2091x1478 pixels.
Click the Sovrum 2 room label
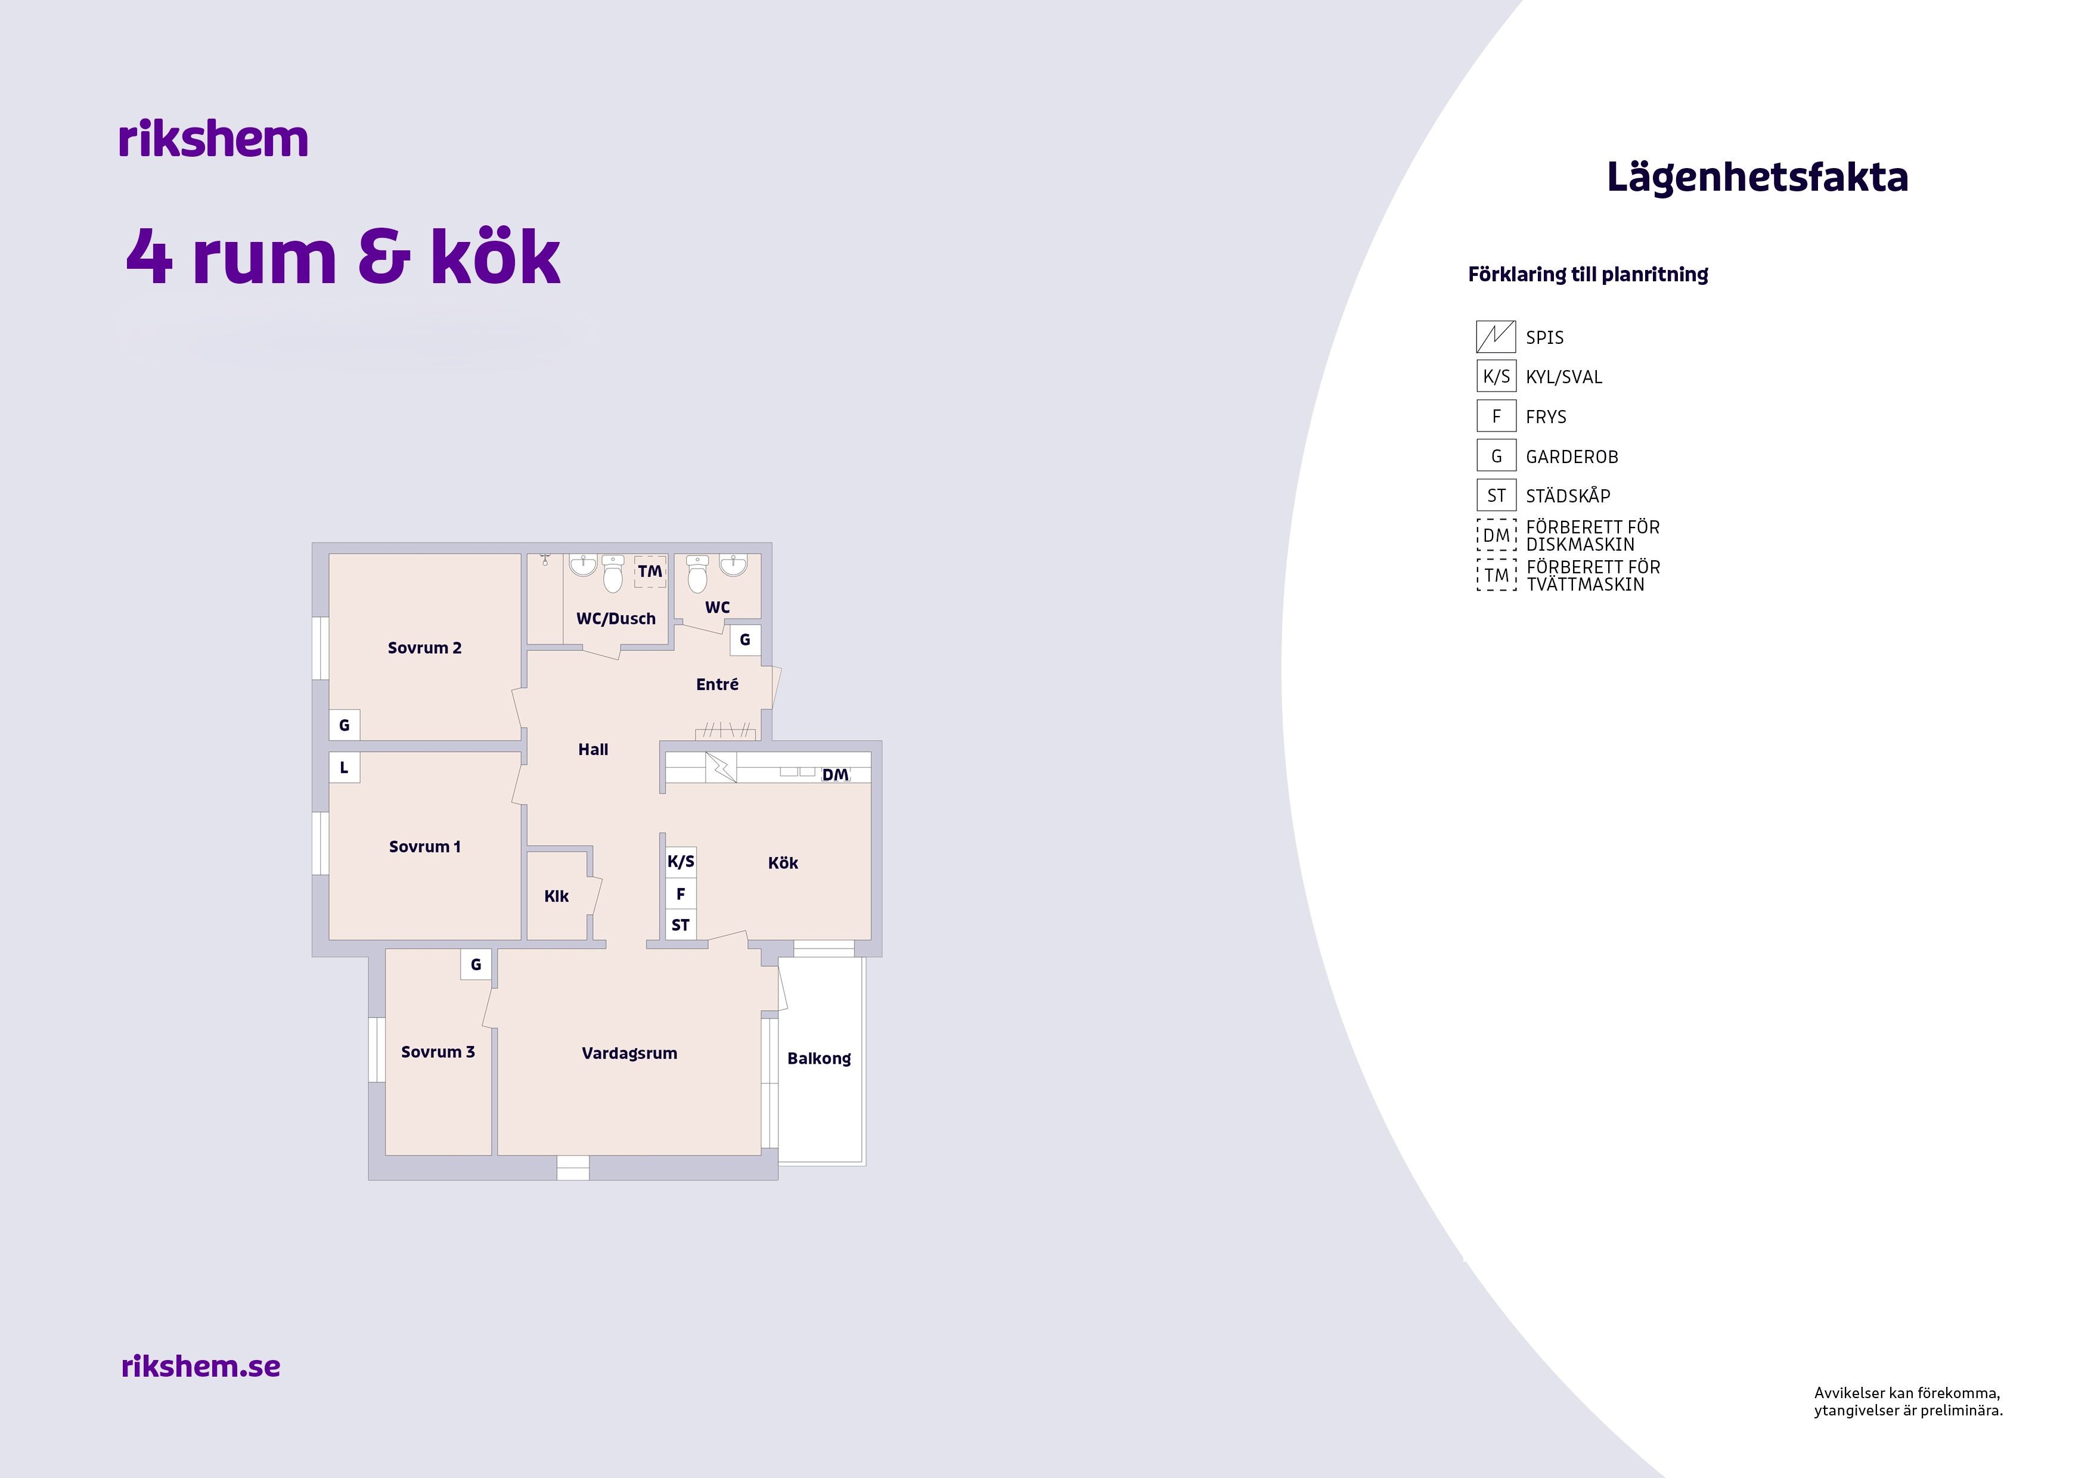pyautogui.click(x=424, y=647)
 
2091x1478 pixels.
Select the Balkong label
pyautogui.click(x=819, y=1058)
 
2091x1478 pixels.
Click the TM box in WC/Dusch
pyautogui.click(x=650, y=571)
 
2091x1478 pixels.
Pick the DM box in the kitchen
pyautogui.click(x=835, y=775)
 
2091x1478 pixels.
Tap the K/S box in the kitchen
pyautogui.click(x=681, y=862)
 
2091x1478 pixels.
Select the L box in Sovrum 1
pyautogui.click(x=345, y=768)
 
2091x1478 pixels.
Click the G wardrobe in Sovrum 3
pyautogui.click(x=476, y=964)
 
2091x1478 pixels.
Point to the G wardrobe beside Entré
pyautogui.click(x=745, y=640)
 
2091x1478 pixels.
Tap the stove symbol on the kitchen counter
pyautogui.click(x=721, y=768)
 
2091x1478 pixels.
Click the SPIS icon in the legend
pyautogui.click(x=1496, y=337)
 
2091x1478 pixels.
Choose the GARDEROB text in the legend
pyautogui.click(x=1572, y=457)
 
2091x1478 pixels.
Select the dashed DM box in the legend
pyautogui.click(x=1496, y=535)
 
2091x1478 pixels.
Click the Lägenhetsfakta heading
pyautogui.click(x=1757, y=178)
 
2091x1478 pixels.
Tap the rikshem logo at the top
pyautogui.click(x=213, y=138)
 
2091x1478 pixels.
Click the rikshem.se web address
pyautogui.click(x=200, y=1366)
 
